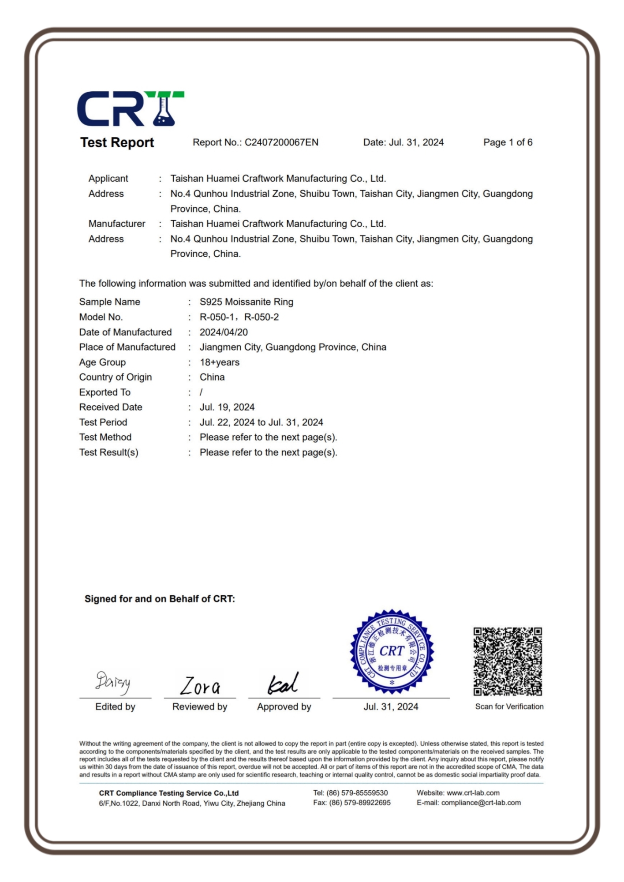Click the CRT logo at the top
point(131,109)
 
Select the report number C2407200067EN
point(281,142)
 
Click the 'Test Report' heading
point(117,142)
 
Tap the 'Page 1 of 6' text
point(508,142)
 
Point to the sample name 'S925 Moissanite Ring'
point(246,302)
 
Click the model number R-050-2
point(262,317)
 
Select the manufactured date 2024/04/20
point(224,332)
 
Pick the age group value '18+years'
point(219,362)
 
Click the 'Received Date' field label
point(111,407)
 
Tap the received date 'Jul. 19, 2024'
point(227,407)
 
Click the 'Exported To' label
point(105,392)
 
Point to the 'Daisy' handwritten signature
point(113,682)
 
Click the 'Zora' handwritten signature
point(200,685)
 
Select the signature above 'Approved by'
point(283,684)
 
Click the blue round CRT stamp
point(392,652)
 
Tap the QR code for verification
point(508,661)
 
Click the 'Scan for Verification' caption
point(509,706)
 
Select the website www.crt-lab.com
point(473,793)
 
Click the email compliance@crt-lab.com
point(481,803)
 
